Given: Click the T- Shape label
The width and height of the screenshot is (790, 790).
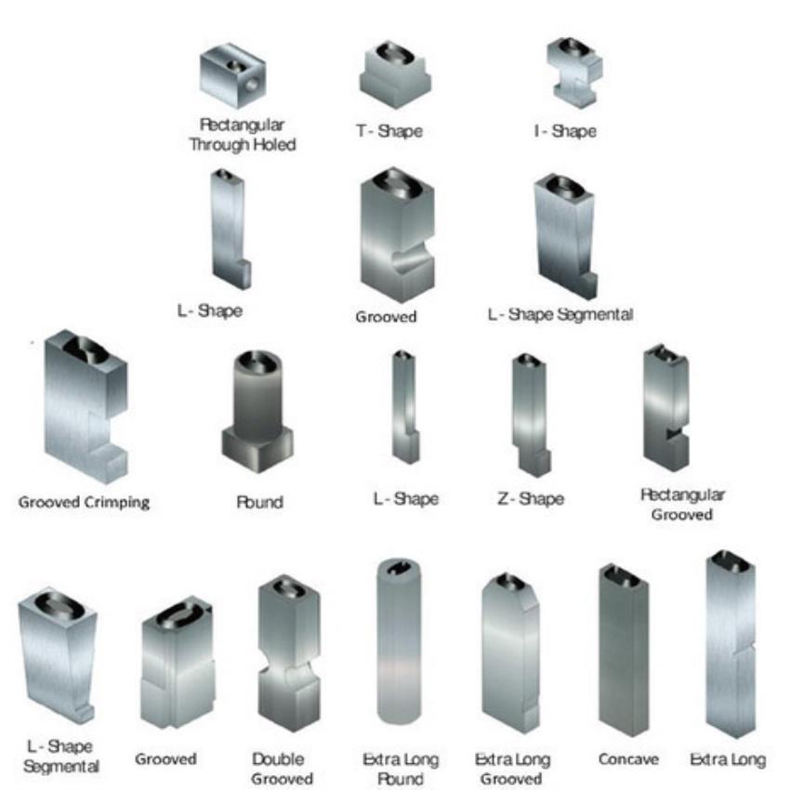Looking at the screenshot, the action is point(389,131).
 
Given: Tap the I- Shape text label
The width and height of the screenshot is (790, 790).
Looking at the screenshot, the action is point(565,131).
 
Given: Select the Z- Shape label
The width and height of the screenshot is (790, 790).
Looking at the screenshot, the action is point(531,499).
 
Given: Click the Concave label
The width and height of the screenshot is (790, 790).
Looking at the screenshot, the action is point(628,758).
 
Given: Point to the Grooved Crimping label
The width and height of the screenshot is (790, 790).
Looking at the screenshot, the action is point(85,502).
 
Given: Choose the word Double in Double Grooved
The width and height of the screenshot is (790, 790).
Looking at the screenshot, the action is point(278,758).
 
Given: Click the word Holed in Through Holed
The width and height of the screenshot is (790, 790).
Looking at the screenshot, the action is point(274,145).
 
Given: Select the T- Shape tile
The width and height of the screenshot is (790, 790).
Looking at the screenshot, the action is point(396,74).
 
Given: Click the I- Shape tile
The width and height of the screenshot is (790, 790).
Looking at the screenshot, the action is point(574,73).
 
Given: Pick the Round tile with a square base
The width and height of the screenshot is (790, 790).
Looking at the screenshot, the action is point(257,412).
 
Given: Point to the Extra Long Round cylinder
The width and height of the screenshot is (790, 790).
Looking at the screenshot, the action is point(399,641).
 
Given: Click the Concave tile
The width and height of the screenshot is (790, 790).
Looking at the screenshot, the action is point(624,650).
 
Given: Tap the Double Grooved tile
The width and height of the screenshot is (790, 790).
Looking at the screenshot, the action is point(289,653).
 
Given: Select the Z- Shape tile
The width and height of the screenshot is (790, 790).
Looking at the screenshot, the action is point(531,415).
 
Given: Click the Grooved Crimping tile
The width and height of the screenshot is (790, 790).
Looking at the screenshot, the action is point(86,406).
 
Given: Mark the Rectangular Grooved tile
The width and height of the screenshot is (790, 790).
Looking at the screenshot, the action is point(666,408).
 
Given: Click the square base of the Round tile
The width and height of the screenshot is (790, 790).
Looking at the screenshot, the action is point(257,450).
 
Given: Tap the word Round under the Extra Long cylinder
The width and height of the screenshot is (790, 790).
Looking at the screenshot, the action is point(400,779).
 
